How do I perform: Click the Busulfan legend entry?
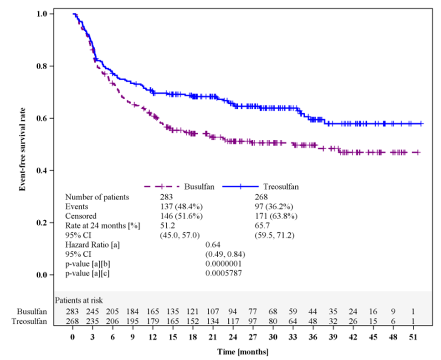(196, 187)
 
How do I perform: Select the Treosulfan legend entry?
(280, 187)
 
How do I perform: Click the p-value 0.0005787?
(224, 273)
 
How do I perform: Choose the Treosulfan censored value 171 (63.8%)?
(276, 216)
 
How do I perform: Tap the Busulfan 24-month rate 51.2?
(163, 225)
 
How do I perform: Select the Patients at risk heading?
(79, 300)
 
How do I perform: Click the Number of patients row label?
(97, 197)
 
